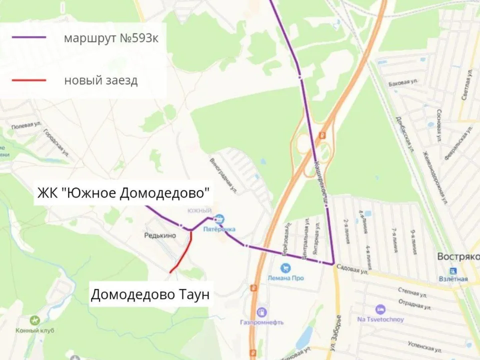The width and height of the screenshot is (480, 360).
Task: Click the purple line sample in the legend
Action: pyautogui.click(x=29, y=37)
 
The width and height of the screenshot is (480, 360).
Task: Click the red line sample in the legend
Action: pyautogui.click(x=29, y=80)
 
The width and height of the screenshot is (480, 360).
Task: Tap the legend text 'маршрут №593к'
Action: pyautogui.click(x=111, y=38)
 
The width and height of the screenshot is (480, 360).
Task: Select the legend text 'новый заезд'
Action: pyautogui.click(x=100, y=80)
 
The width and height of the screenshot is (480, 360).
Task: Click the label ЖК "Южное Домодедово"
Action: pyautogui.click(x=123, y=193)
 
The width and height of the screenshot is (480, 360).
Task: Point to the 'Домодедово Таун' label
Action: pyautogui.click(x=149, y=294)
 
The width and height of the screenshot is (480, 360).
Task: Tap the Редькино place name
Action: pyautogui.click(x=160, y=235)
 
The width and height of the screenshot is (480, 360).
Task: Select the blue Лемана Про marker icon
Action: pyautogui.click(x=285, y=268)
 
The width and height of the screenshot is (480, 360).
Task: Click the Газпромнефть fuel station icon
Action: pyautogui.click(x=261, y=312)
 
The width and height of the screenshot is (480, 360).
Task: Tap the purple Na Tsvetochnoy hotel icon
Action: pyautogui.click(x=380, y=309)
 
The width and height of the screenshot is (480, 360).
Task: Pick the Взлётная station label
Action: pyautogui.click(x=452, y=279)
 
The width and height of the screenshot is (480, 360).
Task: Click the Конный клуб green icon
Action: pyautogui.click(x=34, y=320)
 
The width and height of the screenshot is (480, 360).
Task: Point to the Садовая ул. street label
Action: pyautogui.click(x=352, y=270)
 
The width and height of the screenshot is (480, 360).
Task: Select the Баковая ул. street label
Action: pyautogui.click(x=402, y=82)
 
